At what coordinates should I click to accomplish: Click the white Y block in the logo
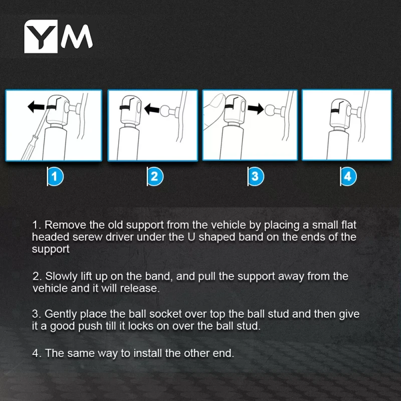(x=41, y=36)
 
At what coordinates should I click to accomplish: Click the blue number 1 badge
(x=55, y=176)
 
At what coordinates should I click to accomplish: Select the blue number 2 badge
(x=155, y=176)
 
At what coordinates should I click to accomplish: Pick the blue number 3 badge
(x=256, y=176)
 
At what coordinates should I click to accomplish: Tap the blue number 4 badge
(x=348, y=176)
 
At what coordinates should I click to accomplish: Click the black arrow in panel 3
(x=256, y=108)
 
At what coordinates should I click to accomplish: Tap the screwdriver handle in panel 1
(x=29, y=149)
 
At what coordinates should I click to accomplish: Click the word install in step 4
(x=148, y=353)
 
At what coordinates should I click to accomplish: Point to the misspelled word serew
(x=87, y=237)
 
